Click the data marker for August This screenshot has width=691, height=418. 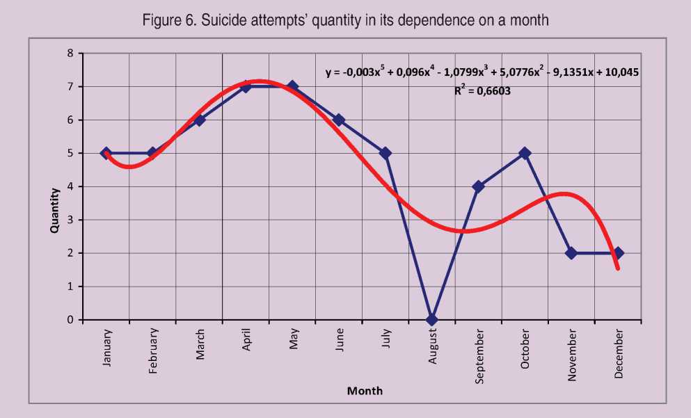click(432, 320)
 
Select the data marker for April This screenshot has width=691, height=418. click(246, 86)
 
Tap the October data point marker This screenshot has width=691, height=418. click(525, 153)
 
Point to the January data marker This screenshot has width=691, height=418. click(106, 153)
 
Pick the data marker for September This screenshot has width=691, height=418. click(479, 186)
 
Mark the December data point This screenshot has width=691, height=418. click(619, 253)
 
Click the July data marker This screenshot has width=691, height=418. click(386, 153)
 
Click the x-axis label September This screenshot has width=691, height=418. click(479, 355)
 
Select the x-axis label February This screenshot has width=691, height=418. click(153, 351)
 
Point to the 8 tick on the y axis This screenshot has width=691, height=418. click(70, 53)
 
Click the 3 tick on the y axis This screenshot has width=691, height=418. click(70, 220)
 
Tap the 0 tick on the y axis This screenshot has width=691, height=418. click(70, 320)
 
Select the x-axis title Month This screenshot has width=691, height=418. click(365, 391)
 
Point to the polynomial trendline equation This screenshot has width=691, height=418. click(482, 71)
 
